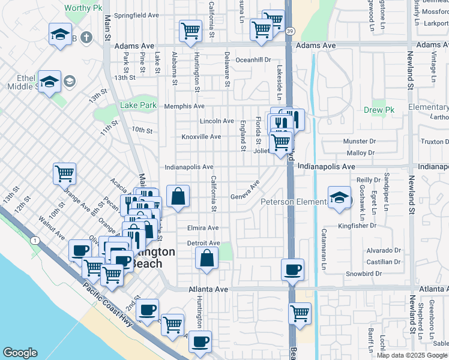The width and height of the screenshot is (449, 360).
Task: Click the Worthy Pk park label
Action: click(x=84, y=8)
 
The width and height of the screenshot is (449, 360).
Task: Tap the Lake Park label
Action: click(x=138, y=105)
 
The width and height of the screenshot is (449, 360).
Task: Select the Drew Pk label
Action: click(x=378, y=110)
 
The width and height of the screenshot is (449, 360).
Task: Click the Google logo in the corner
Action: click(x=20, y=353)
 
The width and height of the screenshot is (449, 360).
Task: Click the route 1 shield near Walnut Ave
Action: click(x=35, y=241)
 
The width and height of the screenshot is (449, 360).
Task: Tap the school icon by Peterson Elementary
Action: click(x=340, y=197)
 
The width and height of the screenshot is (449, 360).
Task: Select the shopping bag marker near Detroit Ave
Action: click(x=206, y=258)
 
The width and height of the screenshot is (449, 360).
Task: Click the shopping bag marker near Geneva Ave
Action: click(x=178, y=196)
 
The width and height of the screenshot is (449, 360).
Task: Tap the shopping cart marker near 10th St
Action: click(x=64, y=173)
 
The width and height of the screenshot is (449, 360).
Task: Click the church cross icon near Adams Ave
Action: click(x=86, y=38)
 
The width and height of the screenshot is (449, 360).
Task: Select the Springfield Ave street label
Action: click(x=136, y=14)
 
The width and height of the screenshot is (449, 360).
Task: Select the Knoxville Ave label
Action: click(x=202, y=137)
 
